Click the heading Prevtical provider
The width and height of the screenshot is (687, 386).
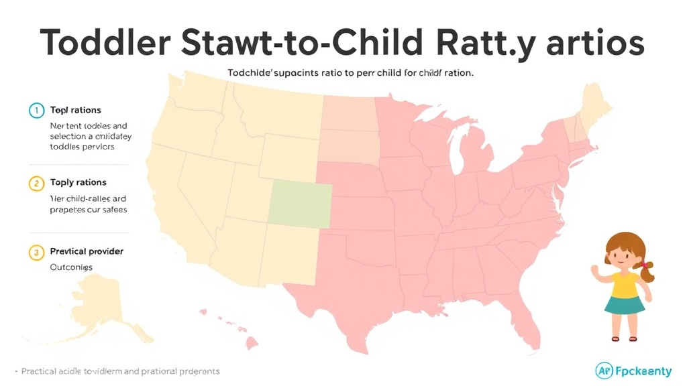click(87, 251)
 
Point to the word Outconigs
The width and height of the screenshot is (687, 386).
click(71, 267)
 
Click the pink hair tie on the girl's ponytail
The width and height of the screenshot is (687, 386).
click(645, 265)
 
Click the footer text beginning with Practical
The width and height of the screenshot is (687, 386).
click(121, 371)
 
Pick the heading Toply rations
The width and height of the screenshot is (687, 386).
click(78, 182)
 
